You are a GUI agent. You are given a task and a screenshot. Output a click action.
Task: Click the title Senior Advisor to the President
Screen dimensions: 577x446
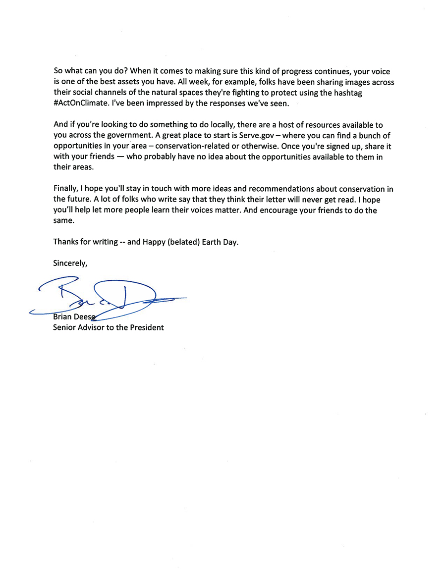[x=109, y=328]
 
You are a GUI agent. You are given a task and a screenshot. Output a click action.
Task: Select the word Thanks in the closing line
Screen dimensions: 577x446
[x=66, y=243]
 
